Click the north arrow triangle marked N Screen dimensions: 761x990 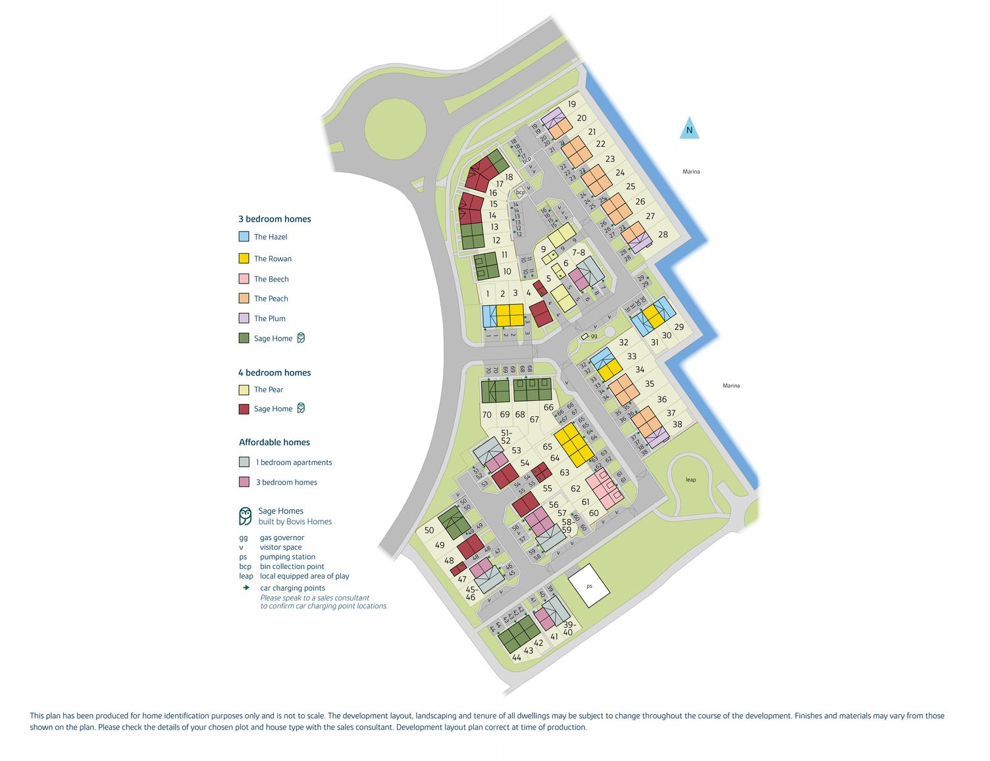coord(689,129)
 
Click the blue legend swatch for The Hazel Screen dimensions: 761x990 coord(244,237)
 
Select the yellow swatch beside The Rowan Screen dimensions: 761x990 coord(244,258)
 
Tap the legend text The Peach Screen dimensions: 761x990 coord(271,299)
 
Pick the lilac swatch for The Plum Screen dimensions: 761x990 coord(244,318)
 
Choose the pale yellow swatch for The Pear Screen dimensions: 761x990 coord(244,389)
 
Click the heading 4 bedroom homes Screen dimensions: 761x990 coord(274,372)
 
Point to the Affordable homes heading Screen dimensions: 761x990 coord(274,442)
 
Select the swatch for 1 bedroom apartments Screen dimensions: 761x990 coord(244,462)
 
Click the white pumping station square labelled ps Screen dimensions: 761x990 coord(589,585)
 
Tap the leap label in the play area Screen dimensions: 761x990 coord(690,479)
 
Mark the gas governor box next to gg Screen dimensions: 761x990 coord(585,336)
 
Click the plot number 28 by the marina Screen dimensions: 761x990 coord(663,234)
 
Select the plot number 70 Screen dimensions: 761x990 coord(486,415)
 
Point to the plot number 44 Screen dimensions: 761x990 coord(517,658)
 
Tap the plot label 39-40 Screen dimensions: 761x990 coord(568,628)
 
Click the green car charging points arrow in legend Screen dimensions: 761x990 coord(246,587)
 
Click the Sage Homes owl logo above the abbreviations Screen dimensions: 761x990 coord(246,516)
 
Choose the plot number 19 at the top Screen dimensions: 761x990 coord(572,104)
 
